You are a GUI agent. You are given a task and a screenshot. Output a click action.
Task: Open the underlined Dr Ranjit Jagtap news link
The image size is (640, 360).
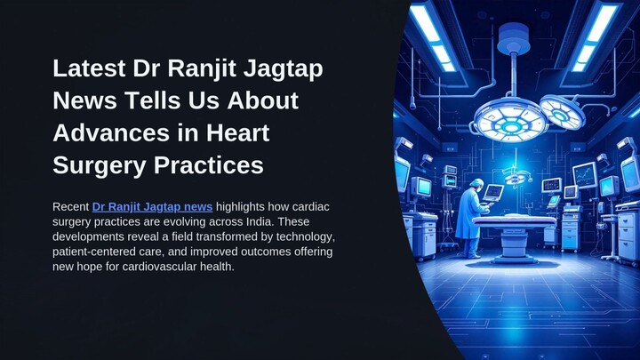point(152,207)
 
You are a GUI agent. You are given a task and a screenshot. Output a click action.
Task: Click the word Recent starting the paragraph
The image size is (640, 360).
point(71,207)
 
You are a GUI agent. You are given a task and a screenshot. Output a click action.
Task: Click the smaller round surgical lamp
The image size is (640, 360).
point(562,111)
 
